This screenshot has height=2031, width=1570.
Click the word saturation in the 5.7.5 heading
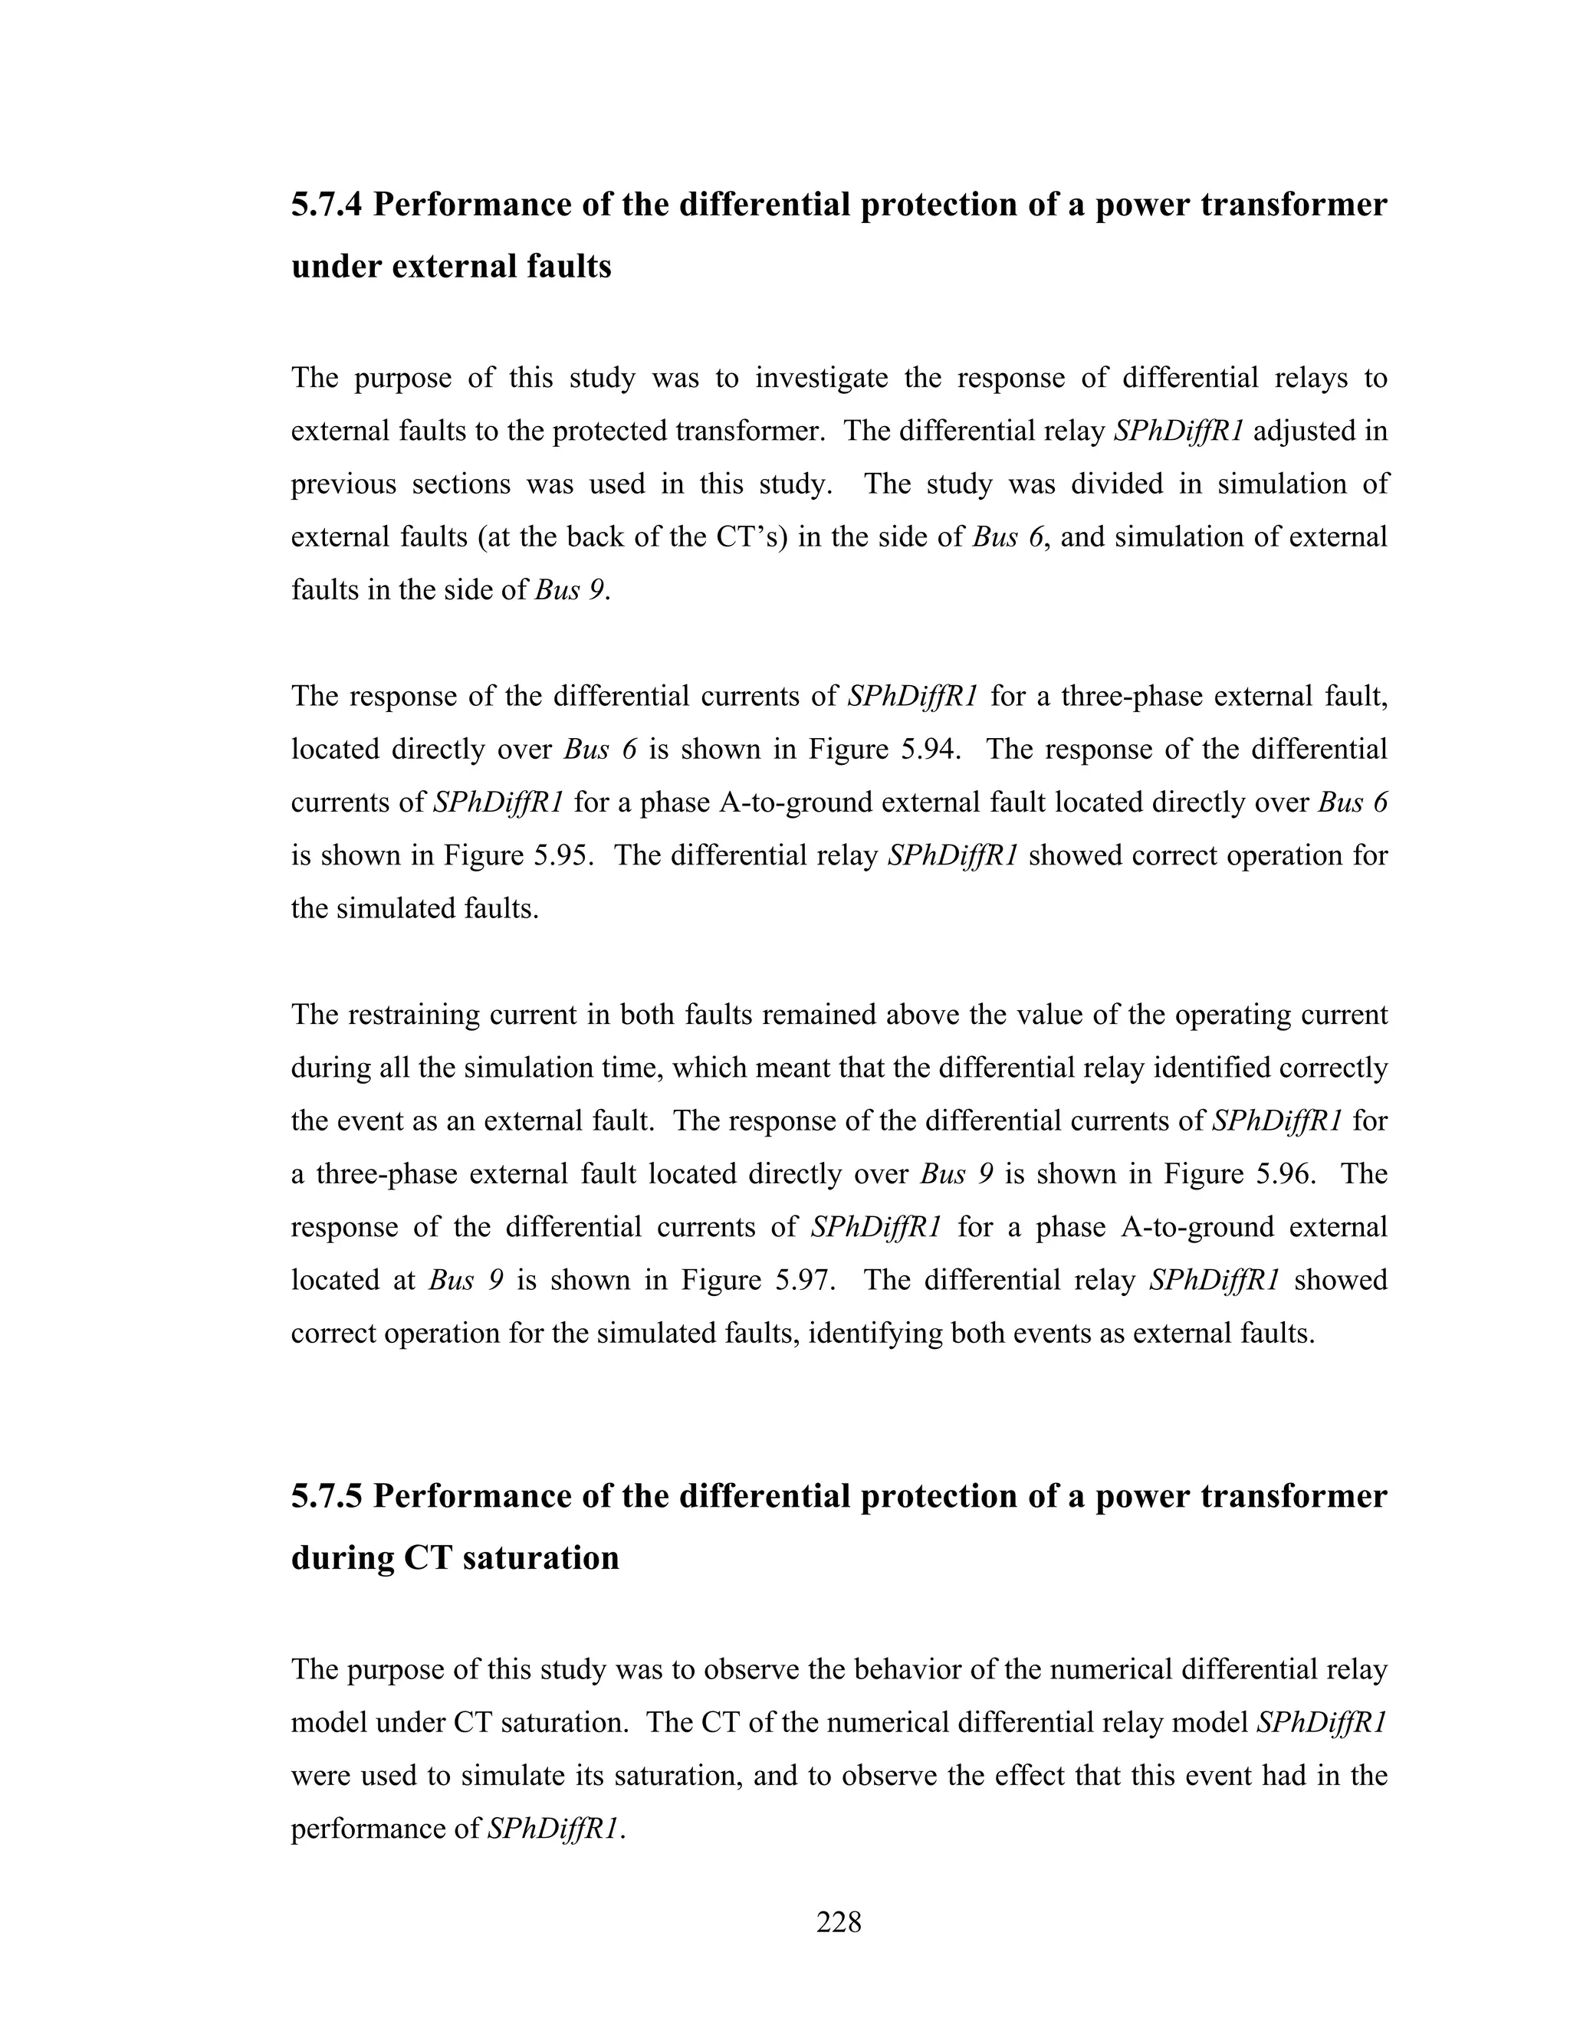[540, 1557]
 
